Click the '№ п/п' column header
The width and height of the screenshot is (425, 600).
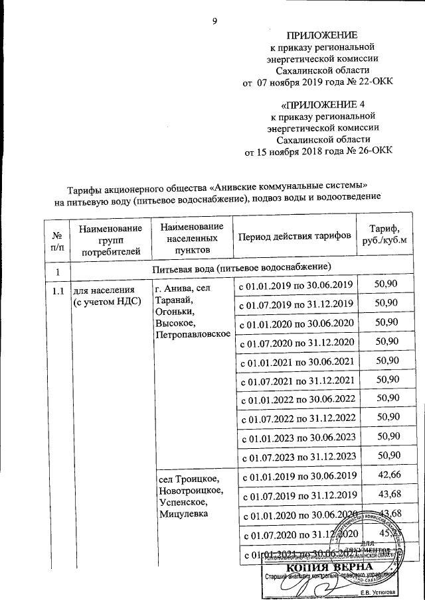[57, 237]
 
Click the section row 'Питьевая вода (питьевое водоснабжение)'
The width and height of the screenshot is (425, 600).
[242, 268]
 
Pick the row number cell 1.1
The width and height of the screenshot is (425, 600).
[58, 289]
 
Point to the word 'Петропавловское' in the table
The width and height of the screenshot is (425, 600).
[193, 335]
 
